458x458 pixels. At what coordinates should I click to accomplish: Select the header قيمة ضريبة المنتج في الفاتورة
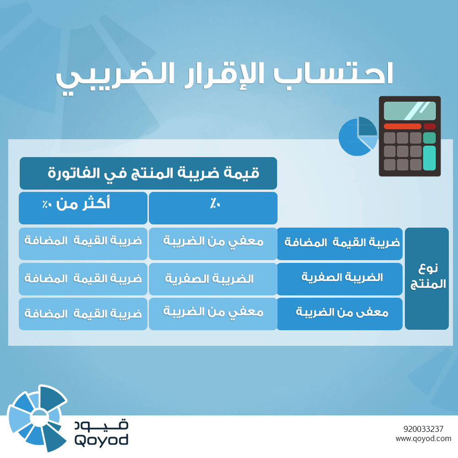pos(148,173)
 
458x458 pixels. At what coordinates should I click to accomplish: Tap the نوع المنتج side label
pos(426,278)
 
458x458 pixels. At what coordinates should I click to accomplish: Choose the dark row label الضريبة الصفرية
pos(339,278)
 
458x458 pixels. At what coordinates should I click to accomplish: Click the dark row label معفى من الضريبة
pos(339,314)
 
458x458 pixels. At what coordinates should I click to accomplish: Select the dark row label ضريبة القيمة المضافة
pos(339,243)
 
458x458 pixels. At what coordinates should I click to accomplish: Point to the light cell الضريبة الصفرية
pos(213,278)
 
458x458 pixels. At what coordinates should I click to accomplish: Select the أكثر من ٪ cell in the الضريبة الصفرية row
pos(83,278)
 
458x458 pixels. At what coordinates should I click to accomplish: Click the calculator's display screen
pos(409,110)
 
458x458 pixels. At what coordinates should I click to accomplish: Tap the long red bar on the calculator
pos(402,126)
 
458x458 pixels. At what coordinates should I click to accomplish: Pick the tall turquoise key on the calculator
pos(429,158)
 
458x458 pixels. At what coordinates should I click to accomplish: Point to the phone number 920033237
pos(424,429)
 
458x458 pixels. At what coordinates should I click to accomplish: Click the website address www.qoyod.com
pos(424,439)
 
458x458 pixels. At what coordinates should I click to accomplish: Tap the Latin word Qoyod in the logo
pos(101,440)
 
